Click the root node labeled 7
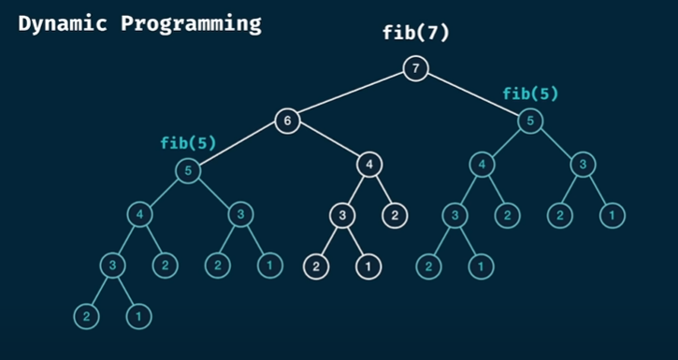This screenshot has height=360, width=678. (416, 67)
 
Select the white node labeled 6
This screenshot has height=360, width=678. (288, 121)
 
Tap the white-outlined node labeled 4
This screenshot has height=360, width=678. (369, 166)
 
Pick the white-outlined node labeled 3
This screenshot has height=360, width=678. (342, 216)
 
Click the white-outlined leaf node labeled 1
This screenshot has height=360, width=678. (368, 266)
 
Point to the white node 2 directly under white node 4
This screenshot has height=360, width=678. (395, 216)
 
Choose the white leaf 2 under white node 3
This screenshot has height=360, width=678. (315, 266)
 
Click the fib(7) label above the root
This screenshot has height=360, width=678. (416, 34)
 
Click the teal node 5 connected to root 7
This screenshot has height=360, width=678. (530, 121)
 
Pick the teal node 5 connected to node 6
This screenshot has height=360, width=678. (189, 172)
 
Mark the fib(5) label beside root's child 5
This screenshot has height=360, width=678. (529, 94)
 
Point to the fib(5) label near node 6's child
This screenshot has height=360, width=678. (188, 144)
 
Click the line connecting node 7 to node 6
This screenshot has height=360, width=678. (353, 94)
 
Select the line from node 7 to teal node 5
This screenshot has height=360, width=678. (473, 94)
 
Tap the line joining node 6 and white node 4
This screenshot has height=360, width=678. (328, 143)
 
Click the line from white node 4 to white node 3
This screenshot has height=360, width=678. (356, 191)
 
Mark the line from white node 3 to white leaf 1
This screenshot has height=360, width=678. (355, 241)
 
